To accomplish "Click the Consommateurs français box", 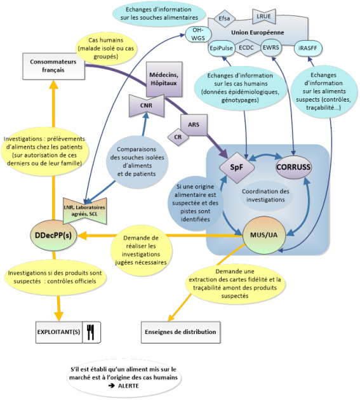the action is coord(53,66).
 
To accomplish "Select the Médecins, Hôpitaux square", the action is coord(164,79).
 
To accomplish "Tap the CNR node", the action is coord(146,105).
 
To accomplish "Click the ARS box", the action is coord(194,124).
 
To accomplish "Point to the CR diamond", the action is coord(178,137).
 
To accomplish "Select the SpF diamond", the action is coord(237,168).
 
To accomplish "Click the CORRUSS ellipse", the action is coord(293,167).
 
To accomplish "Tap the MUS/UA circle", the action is coord(264,235).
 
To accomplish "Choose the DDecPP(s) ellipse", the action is coord(53,235).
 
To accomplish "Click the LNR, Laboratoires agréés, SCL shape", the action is coord(84,211).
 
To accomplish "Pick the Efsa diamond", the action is coord(224,18).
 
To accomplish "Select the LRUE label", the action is coord(264,17).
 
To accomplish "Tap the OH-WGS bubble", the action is coord(198,34).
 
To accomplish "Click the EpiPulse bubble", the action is coord(221,48).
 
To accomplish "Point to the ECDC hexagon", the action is coord(246,48).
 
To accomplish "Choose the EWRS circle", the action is coord(271,48).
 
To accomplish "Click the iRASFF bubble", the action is coord(308,48).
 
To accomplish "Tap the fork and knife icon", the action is coord(91,332).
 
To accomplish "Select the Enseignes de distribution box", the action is coord(181,332).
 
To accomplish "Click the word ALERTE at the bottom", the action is coord(129,386).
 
